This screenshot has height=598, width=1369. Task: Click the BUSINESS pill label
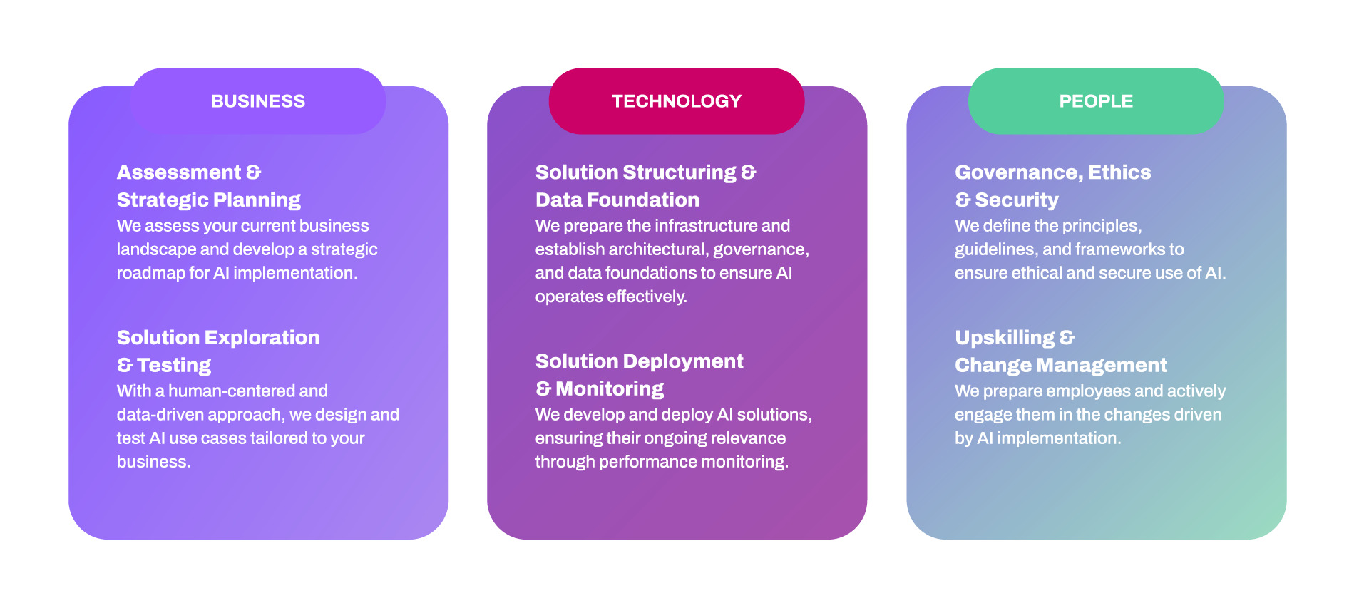pos(258,101)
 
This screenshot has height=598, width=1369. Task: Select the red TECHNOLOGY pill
pos(677,101)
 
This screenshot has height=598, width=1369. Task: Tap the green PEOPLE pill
pos(1096,101)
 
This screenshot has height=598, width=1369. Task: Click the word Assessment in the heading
pos(179,172)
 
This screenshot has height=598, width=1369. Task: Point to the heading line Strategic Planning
pos(209,200)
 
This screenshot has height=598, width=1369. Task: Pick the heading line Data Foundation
pos(617,200)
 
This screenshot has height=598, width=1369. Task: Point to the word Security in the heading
pos(1017,200)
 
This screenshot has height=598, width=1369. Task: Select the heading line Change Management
pos(1061,366)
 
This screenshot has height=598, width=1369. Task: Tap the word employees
pos(1057,391)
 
